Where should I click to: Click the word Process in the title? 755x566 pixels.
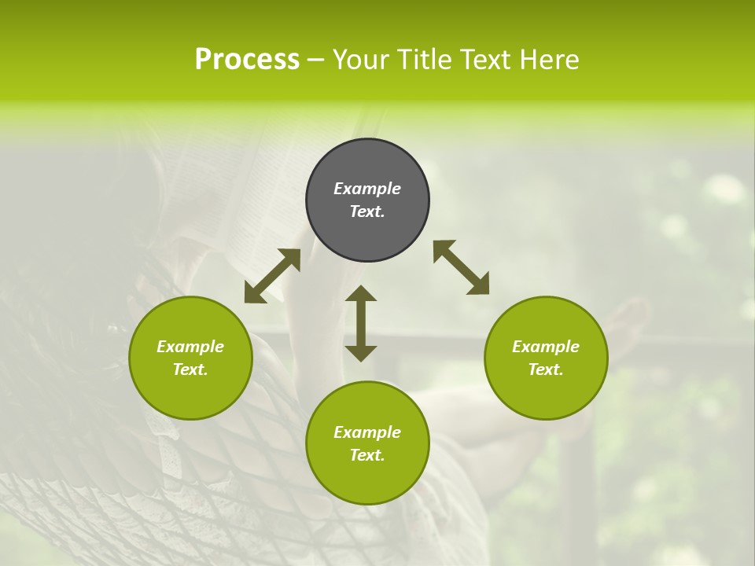click(247, 60)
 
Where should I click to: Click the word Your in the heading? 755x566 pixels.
click(360, 60)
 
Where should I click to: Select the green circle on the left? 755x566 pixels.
click(190, 393)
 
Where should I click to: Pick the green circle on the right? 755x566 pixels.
click(546, 393)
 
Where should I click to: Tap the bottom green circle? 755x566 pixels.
click(367, 480)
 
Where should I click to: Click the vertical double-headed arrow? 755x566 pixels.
click(361, 323)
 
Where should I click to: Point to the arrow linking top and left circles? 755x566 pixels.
click(272, 276)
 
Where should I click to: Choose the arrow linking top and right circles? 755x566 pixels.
click(461, 267)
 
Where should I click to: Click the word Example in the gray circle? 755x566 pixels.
click(367, 189)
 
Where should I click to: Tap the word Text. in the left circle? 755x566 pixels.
click(190, 369)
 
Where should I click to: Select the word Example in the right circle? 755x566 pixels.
click(546, 347)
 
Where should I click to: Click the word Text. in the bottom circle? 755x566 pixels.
click(367, 455)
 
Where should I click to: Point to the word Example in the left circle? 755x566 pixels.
click(190, 347)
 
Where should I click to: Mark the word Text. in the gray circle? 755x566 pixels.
click(367, 211)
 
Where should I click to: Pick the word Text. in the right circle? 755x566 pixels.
click(546, 369)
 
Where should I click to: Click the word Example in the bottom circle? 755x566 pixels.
click(367, 432)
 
